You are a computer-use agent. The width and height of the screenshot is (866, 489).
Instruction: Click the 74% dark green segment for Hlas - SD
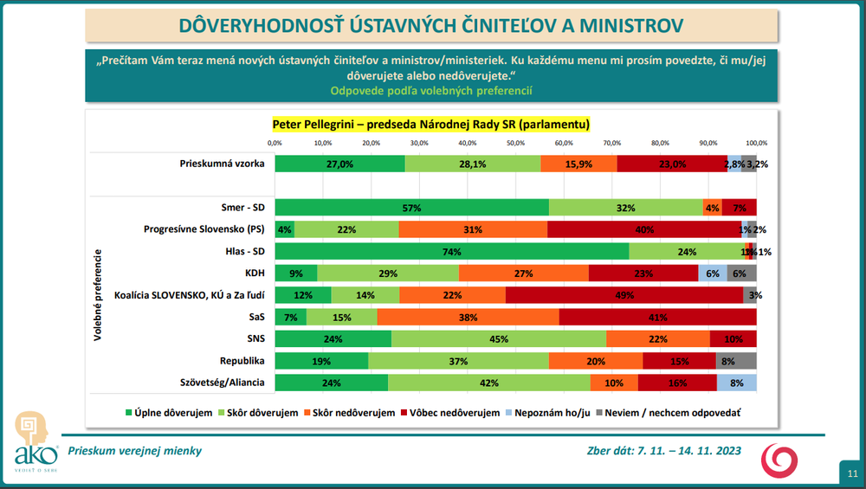click(452, 252)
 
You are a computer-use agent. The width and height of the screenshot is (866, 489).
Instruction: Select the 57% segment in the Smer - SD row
click(411, 208)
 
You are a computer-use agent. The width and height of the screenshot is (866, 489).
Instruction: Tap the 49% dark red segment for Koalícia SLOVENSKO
click(624, 295)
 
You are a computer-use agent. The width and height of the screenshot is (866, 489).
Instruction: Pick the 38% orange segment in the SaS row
click(468, 318)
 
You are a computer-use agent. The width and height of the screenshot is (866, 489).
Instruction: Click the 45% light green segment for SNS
click(498, 339)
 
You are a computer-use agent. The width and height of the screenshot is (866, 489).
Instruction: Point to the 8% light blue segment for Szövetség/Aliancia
click(737, 383)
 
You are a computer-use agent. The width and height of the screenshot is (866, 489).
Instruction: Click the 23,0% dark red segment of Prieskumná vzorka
click(672, 164)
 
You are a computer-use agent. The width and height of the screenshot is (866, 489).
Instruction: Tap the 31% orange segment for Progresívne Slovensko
click(473, 229)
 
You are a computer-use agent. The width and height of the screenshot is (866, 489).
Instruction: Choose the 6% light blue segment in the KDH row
click(713, 273)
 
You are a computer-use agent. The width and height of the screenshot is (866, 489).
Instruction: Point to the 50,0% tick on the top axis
click(515, 142)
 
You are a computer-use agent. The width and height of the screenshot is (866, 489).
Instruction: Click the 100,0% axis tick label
click(756, 142)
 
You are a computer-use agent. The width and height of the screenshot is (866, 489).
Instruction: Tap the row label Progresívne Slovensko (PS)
click(203, 229)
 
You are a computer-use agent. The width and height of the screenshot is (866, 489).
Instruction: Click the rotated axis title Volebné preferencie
click(100, 295)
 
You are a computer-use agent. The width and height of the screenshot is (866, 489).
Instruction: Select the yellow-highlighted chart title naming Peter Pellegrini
click(431, 124)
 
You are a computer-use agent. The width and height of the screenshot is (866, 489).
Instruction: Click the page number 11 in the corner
click(852, 473)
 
